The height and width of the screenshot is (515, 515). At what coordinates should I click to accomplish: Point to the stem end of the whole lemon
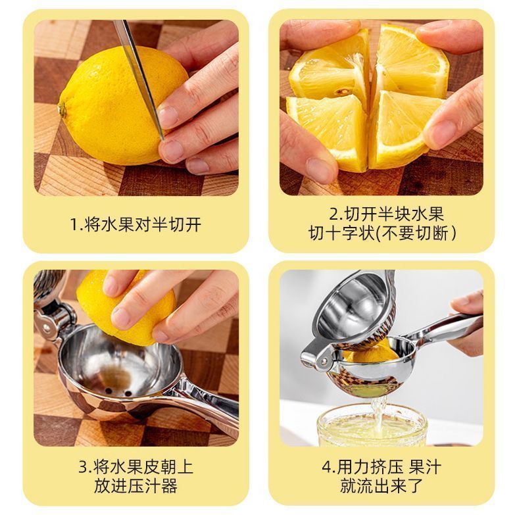(62, 109)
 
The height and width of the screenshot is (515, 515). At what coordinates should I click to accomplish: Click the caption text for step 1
(136, 225)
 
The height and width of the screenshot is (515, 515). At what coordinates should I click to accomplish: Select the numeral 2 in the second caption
(334, 214)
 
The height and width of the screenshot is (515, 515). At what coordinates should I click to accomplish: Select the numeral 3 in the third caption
(83, 467)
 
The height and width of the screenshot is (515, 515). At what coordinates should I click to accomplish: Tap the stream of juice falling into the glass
(379, 414)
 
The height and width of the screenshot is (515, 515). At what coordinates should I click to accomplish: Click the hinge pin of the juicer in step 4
(325, 361)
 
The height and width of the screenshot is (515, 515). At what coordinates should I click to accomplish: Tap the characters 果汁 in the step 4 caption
(425, 467)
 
